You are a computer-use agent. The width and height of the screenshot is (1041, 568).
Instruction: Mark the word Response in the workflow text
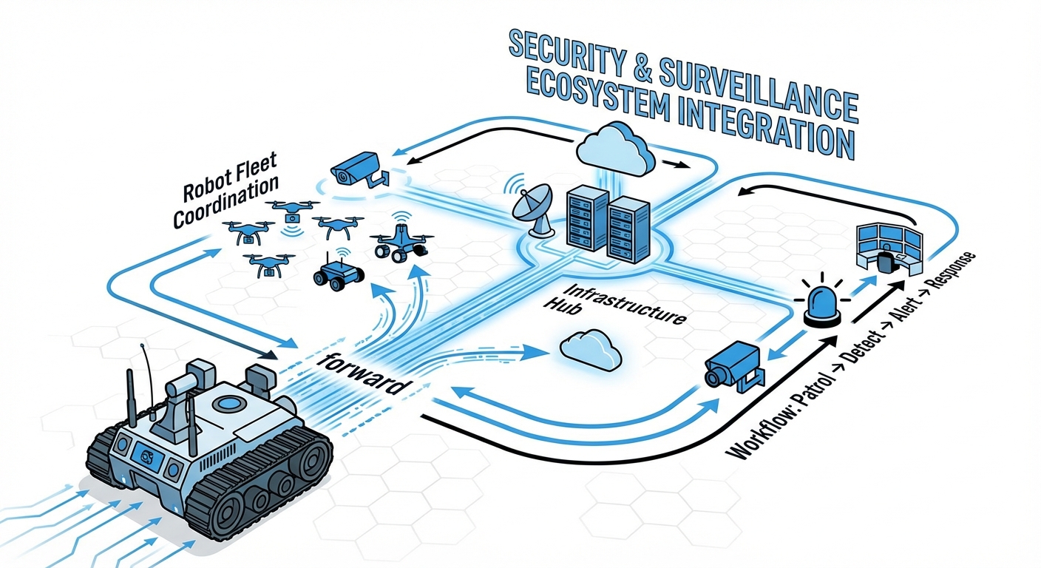click(x=953, y=271)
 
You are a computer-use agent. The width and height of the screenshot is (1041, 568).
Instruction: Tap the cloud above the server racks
click(x=614, y=148)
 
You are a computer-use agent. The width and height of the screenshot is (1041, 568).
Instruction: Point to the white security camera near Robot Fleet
click(x=356, y=171)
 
